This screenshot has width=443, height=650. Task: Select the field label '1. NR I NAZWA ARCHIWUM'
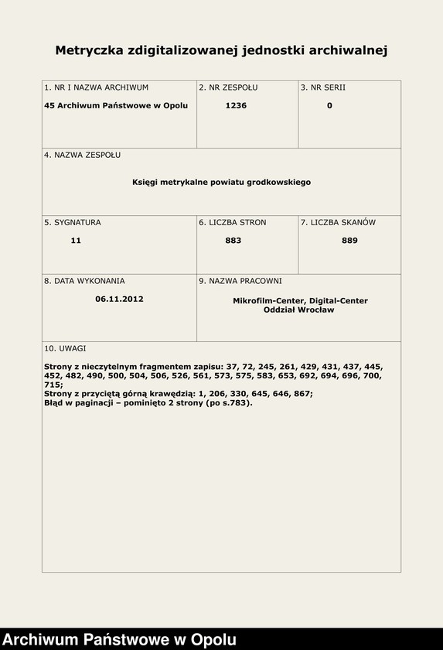click(96, 87)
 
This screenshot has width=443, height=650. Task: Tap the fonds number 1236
click(236, 105)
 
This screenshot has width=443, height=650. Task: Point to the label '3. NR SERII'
click(323, 87)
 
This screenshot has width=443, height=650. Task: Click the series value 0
click(329, 105)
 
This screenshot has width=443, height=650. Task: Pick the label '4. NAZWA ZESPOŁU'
click(82, 155)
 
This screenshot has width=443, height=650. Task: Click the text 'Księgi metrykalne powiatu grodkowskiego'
click(221, 182)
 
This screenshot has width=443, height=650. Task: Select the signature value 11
click(76, 241)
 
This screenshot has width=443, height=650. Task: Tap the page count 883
click(233, 241)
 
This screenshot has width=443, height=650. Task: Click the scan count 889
click(349, 241)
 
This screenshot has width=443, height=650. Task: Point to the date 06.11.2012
click(119, 299)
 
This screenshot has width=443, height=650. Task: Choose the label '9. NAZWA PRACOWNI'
click(240, 281)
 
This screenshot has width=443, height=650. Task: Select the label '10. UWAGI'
click(65, 348)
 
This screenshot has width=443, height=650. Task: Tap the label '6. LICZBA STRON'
click(232, 222)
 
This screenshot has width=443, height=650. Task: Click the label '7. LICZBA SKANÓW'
click(338, 222)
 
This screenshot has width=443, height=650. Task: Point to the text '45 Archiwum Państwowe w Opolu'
click(116, 105)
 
